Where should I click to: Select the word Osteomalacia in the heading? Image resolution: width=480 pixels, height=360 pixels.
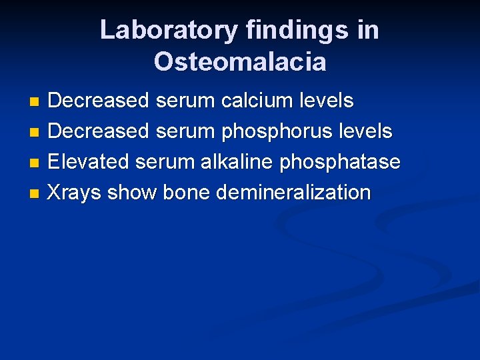[240, 62]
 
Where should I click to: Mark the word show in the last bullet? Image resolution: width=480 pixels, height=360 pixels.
[131, 193]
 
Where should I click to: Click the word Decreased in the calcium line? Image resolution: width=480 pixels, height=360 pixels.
[99, 101]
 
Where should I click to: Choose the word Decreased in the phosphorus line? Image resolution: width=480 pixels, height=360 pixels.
[99, 132]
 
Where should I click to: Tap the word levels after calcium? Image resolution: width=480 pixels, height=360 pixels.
[327, 101]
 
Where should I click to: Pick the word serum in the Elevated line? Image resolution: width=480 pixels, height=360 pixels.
[165, 162]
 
